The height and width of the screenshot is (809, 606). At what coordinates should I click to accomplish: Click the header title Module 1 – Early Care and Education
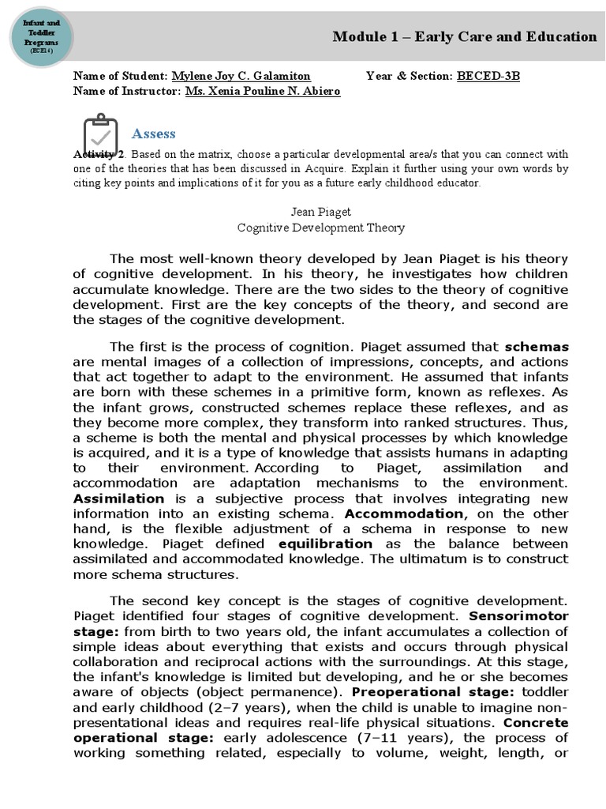[464, 36]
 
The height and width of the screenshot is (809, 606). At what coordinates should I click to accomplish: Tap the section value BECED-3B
[488, 77]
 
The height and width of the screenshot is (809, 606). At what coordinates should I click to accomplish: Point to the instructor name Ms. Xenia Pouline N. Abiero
[263, 91]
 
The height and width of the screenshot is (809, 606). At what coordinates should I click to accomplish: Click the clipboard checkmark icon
[100, 134]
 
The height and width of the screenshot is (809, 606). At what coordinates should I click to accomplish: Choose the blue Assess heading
[153, 134]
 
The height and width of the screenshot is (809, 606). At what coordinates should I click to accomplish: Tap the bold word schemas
[537, 346]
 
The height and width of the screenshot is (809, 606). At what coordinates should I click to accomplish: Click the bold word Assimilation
[118, 499]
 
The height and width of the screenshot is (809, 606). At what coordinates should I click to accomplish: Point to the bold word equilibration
[325, 544]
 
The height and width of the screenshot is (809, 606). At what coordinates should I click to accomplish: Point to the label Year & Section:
[410, 77]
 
